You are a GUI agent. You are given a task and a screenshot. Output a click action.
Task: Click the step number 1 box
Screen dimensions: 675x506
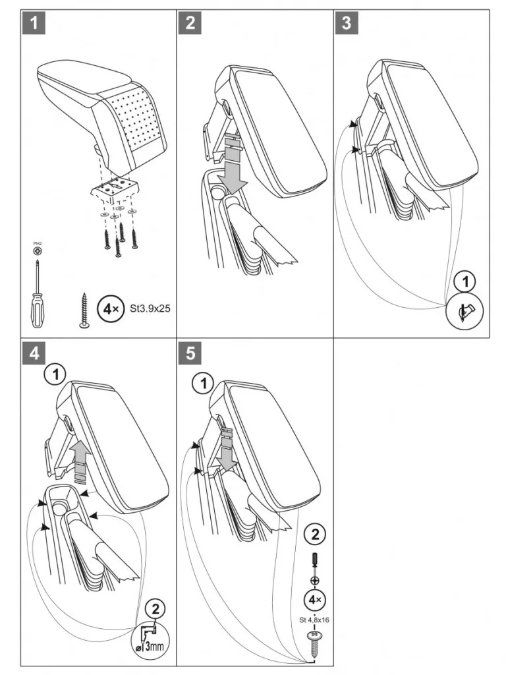click(x=34, y=23)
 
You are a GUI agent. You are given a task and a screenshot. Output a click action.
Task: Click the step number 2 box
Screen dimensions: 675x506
click(x=190, y=23)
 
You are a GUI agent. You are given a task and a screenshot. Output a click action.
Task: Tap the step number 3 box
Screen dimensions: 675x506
click(x=347, y=23)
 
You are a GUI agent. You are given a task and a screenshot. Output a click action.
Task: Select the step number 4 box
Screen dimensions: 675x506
click(x=34, y=353)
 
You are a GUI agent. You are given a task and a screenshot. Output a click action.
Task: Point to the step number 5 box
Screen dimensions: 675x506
click(x=190, y=353)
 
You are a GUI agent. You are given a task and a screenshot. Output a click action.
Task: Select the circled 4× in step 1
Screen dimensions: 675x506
click(x=108, y=307)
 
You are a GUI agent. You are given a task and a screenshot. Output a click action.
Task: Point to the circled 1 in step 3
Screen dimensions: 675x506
click(x=465, y=282)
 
